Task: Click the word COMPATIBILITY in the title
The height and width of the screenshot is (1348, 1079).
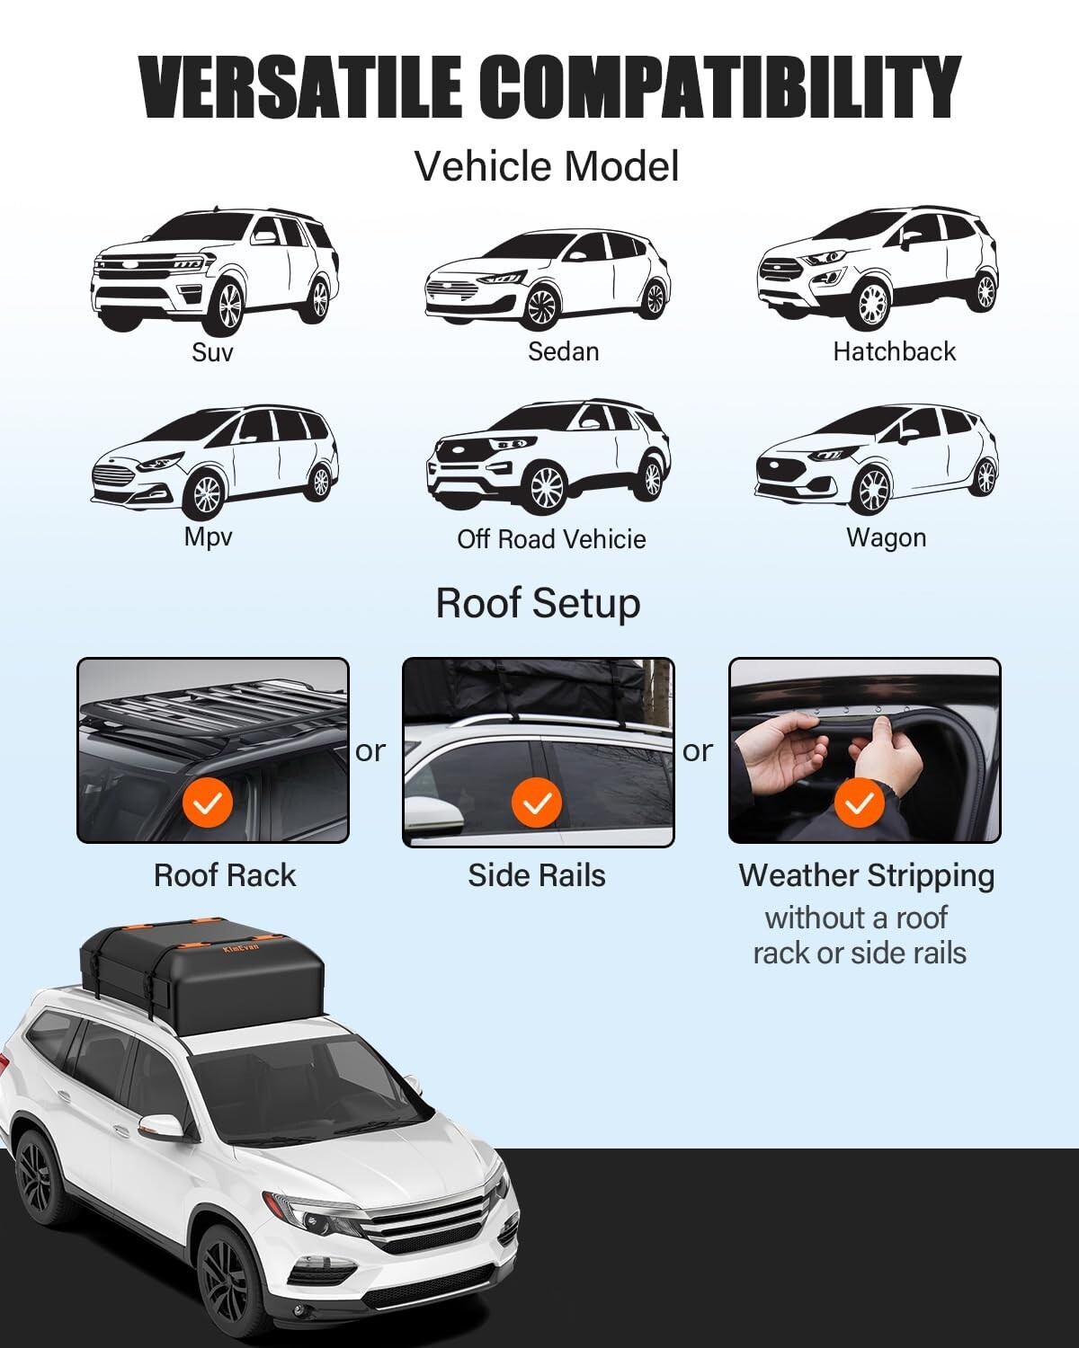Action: click(719, 87)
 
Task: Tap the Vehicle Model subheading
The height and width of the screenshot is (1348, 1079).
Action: click(546, 167)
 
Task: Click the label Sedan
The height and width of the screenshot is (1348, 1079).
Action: click(563, 351)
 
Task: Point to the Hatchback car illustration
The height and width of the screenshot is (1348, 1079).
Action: click(877, 269)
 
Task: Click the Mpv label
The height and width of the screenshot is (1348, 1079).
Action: click(208, 537)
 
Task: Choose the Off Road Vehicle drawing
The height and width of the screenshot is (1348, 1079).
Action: click(548, 458)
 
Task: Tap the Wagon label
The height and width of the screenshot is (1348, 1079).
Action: click(886, 538)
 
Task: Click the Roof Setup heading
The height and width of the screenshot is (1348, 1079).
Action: click(538, 603)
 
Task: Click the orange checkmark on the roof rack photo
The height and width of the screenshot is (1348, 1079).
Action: click(208, 803)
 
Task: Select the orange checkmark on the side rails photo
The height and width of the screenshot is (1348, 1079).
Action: click(537, 803)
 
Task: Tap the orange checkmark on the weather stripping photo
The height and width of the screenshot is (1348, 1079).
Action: click(860, 803)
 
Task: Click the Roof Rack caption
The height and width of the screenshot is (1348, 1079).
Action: click(225, 875)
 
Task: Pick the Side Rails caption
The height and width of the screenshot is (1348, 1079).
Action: click(537, 875)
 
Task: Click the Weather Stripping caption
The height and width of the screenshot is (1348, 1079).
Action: click(867, 875)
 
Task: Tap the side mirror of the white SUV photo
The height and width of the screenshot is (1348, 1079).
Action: click(163, 1127)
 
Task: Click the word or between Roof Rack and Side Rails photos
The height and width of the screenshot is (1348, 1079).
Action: click(370, 751)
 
